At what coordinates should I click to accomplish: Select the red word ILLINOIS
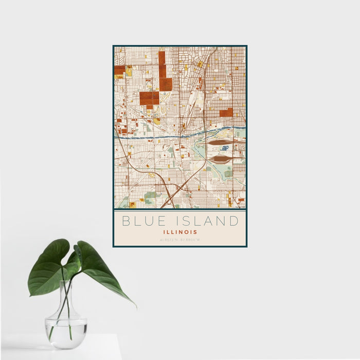pos(179,232)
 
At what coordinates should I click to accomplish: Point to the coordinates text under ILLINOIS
pos(179,240)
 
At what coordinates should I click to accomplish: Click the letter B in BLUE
pos(125,221)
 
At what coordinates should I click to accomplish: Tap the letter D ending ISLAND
pos(235,221)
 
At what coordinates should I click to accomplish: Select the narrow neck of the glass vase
pos(67,293)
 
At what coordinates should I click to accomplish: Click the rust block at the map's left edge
pos(119,70)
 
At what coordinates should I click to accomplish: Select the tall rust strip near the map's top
pos(162,64)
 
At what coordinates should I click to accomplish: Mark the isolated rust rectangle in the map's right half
pos(226,112)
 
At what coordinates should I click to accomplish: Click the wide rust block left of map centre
pos(149,98)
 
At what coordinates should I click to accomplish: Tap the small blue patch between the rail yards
pos(225,149)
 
